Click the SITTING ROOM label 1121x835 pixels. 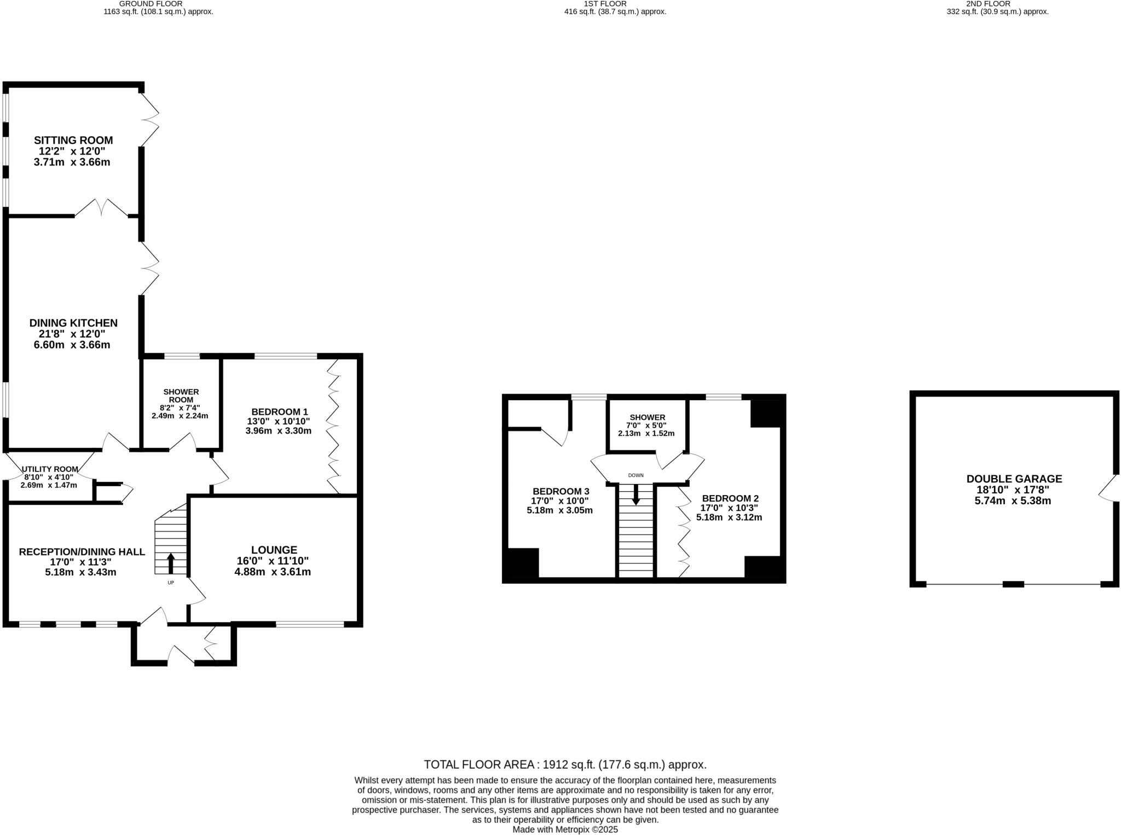click(x=73, y=140)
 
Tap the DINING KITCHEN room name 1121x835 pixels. click(x=73, y=323)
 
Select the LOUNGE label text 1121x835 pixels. click(x=274, y=550)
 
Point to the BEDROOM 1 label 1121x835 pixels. click(x=279, y=412)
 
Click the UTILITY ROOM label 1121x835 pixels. click(x=50, y=469)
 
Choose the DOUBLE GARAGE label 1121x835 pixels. click(x=1014, y=479)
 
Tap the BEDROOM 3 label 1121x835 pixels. click(x=560, y=491)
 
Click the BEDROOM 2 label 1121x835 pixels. click(x=730, y=498)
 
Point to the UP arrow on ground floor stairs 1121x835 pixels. click(x=171, y=563)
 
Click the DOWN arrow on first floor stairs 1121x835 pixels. click(x=635, y=496)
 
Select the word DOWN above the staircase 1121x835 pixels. click(x=635, y=475)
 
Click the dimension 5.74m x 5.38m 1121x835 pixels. click(x=1013, y=501)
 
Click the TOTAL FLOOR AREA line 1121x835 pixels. click(x=565, y=765)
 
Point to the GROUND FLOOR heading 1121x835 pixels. click(x=159, y=3)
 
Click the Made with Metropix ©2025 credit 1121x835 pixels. click(x=565, y=830)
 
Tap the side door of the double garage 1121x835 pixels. click(x=1107, y=488)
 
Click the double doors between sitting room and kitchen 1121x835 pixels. click(x=101, y=208)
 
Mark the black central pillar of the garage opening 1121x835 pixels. click(x=1013, y=584)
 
